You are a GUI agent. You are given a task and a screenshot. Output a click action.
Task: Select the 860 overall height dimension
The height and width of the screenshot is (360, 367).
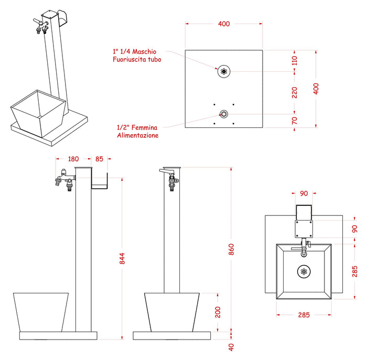tap(231, 250)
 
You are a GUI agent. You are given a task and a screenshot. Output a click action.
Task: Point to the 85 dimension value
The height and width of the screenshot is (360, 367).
tap(100, 158)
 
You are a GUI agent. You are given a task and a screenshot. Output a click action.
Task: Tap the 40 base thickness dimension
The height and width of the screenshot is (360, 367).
tap(231, 347)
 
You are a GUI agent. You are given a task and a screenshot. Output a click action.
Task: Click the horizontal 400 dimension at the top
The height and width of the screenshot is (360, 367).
tap(224, 24)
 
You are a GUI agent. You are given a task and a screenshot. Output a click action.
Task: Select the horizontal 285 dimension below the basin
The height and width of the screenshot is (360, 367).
tap(304, 315)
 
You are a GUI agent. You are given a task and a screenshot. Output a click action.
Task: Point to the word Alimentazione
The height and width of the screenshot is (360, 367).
tap(137, 135)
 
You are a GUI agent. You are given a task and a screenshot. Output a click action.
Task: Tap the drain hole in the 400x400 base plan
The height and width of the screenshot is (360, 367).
tap(224, 72)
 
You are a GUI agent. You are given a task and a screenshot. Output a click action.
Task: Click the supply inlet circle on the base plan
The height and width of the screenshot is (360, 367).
tap(224, 114)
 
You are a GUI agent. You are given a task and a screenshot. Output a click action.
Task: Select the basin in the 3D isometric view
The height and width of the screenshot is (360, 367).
tap(39, 111)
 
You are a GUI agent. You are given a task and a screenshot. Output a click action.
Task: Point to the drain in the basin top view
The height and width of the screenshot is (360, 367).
tap(304, 271)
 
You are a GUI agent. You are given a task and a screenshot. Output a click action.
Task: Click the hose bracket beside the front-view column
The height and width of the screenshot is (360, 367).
tap(100, 181)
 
